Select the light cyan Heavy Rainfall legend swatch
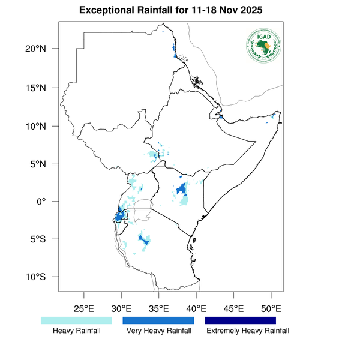(x=76, y=321)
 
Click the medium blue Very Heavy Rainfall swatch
(x=158, y=321)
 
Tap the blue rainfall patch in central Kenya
(x=181, y=190)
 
